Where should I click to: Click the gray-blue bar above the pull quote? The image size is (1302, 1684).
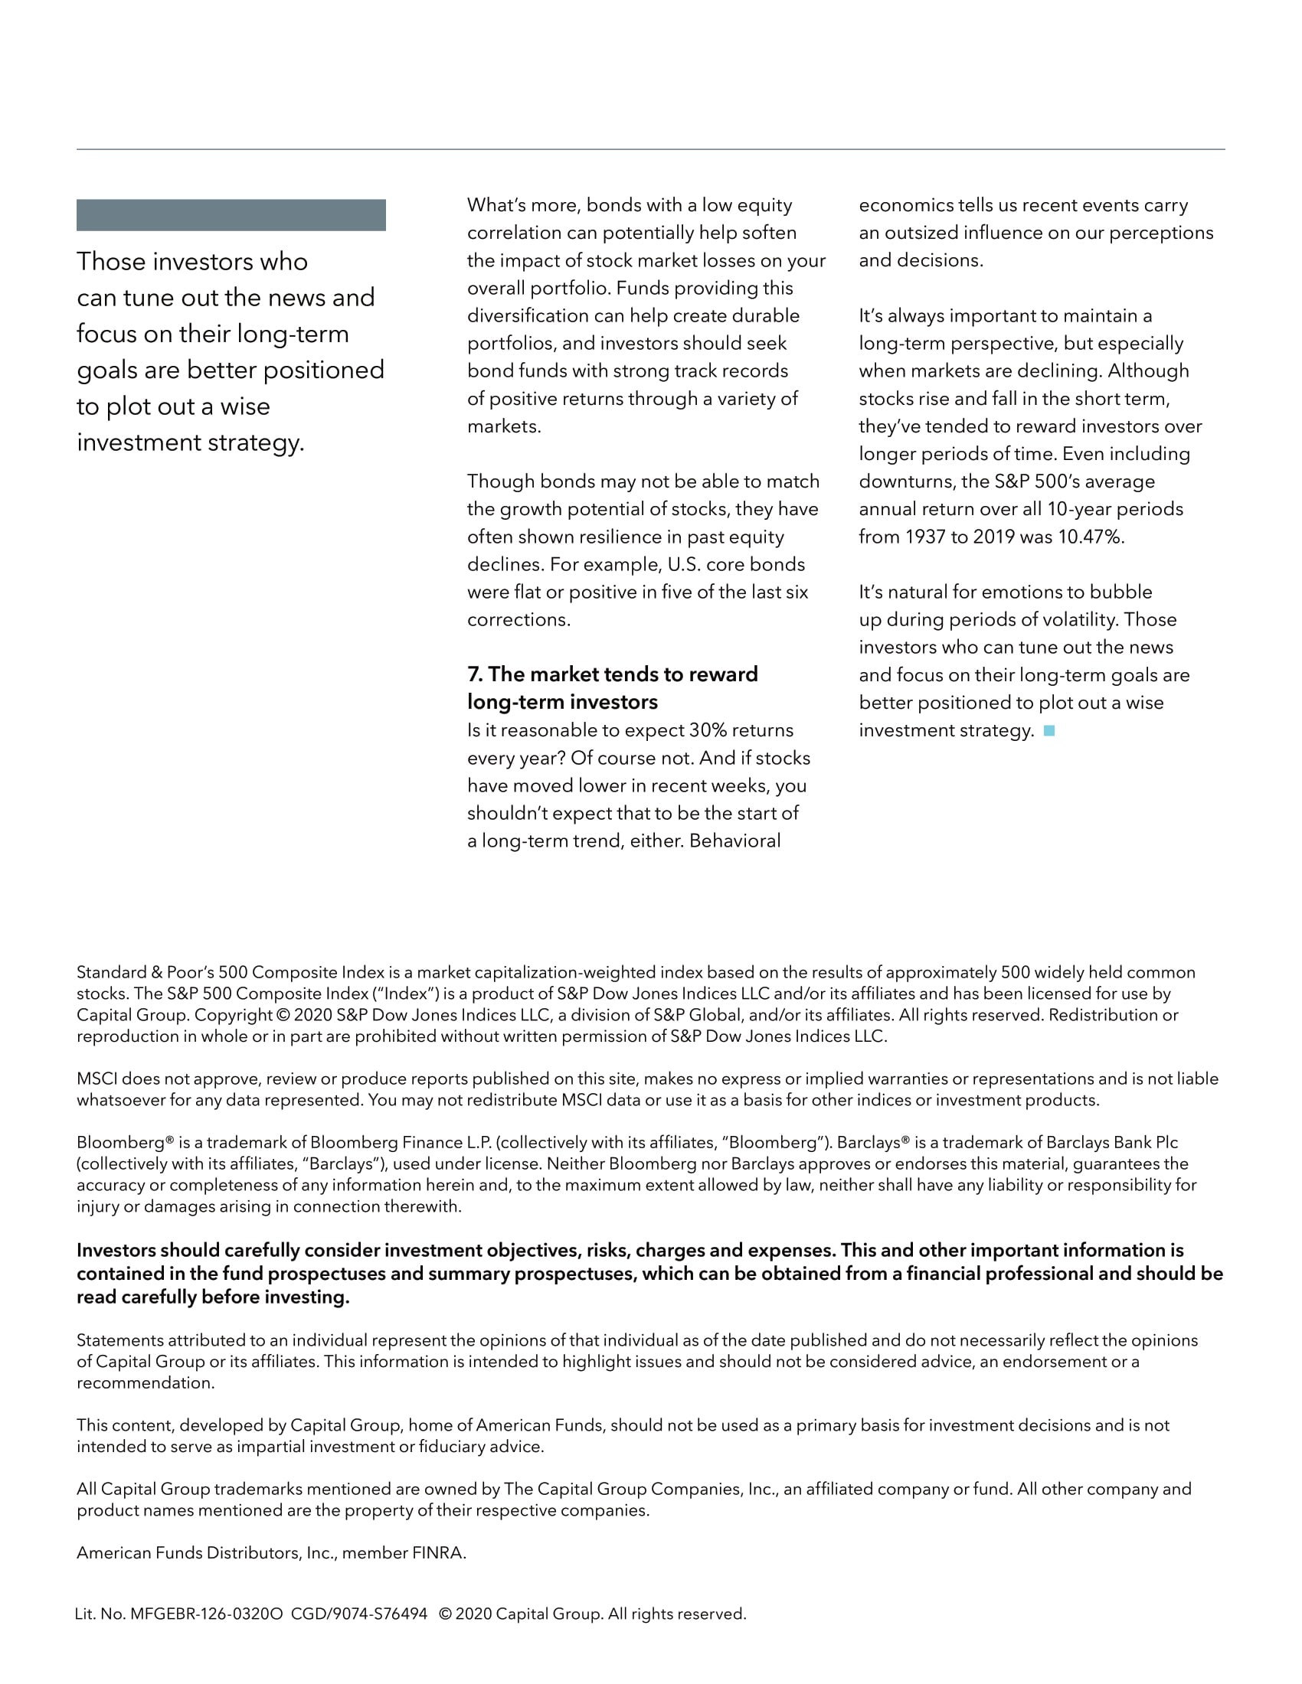tap(231, 215)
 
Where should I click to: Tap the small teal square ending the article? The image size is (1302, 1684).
tap(1049, 730)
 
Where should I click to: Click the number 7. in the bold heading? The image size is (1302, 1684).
tap(475, 674)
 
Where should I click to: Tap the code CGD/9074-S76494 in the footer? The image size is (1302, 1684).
tap(358, 1614)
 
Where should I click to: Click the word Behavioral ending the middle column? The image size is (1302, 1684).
tap(734, 840)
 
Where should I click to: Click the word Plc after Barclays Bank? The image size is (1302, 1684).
tap(1166, 1142)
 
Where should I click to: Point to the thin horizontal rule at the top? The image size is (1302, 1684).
tap(650, 148)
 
